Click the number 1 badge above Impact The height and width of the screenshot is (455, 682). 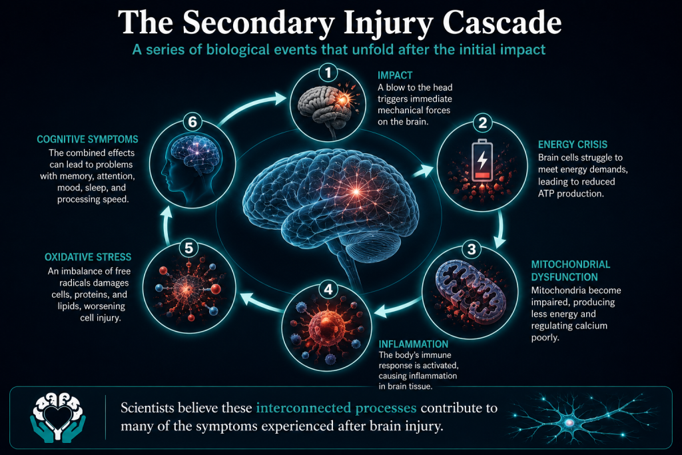pyautogui.click(x=328, y=72)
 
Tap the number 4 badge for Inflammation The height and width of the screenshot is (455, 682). pyautogui.click(x=328, y=289)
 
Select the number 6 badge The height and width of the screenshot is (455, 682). pyautogui.click(x=192, y=122)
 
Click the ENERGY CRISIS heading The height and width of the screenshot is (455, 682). pyautogui.click(x=572, y=145)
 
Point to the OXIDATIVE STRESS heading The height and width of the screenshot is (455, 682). pyautogui.click(x=88, y=257)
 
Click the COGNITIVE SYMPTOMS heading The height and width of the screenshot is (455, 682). pyautogui.click(x=87, y=139)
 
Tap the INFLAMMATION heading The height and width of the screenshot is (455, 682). pyautogui.click(x=413, y=344)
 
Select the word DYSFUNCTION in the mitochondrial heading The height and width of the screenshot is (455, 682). pyautogui.click(x=564, y=277)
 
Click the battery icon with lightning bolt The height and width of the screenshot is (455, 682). pyautogui.click(x=482, y=160)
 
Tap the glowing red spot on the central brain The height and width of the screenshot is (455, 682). pyautogui.click(x=356, y=191)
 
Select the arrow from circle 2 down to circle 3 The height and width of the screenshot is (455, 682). pyautogui.click(x=501, y=228)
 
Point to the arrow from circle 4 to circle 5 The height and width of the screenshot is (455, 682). pyautogui.click(x=262, y=302)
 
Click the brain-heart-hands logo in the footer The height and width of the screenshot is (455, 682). pyautogui.click(x=58, y=417)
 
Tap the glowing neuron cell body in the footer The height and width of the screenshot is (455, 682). pyautogui.click(x=569, y=422)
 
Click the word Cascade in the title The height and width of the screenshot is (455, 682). pyautogui.click(x=502, y=23)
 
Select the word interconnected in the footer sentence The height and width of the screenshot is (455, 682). pyautogui.click(x=336, y=408)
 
